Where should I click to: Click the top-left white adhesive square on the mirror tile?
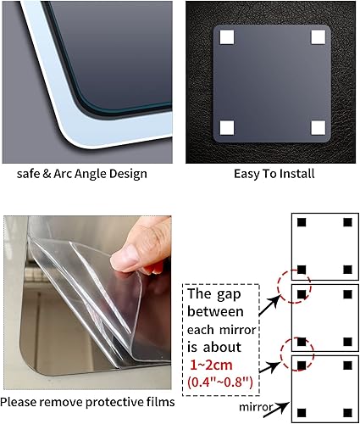coord(227,37)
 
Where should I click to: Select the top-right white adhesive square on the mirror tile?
coord(317,37)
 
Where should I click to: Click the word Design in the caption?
coord(124,174)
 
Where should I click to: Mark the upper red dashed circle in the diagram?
coord(296,283)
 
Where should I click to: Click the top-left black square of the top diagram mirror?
coord(301,223)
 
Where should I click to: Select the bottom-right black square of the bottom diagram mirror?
coord(346,413)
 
